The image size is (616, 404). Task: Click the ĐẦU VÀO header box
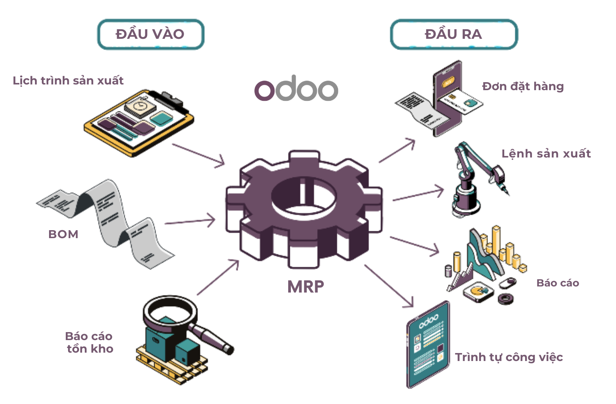tap(151, 34)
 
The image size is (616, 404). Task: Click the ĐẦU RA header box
tap(454, 34)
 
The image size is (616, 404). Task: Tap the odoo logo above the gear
tap(296, 89)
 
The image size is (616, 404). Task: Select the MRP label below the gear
tap(305, 286)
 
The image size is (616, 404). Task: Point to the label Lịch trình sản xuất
tap(68, 81)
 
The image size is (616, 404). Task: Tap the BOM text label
tap(63, 234)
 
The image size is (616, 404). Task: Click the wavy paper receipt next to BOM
tap(110, 221)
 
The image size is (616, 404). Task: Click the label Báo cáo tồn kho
tap(89, 342)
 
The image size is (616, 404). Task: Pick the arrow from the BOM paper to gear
tap(190, 221)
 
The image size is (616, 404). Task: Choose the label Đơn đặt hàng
tap(523, 86)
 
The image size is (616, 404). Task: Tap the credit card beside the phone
tap(460, 101)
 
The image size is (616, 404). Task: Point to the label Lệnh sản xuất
tap(546, 154)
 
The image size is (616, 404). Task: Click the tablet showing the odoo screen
tap(428, 344)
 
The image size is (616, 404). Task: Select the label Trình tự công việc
tap(509, 357)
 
